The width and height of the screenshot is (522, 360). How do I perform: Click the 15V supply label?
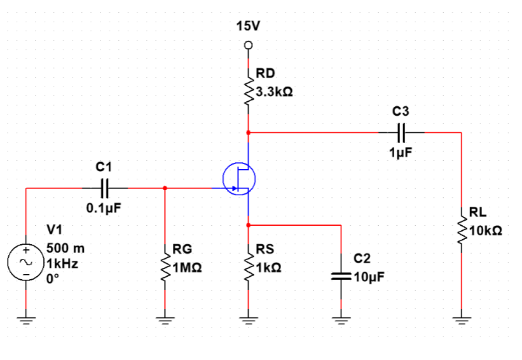(248, 27)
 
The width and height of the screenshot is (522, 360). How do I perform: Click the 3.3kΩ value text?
(274, 92)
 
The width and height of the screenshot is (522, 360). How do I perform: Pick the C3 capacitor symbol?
(401, 132)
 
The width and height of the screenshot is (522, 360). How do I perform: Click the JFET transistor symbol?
(239, 178)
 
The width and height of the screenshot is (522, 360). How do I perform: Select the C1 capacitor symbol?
(105, 188)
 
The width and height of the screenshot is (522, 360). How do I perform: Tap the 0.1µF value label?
(104, 207)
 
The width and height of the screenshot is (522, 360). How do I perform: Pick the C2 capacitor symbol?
(341, 277)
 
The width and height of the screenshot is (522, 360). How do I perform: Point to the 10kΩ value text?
(486, 231)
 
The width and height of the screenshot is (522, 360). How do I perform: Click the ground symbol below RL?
(461, 321)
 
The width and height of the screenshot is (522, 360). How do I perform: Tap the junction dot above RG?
(165, 188)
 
